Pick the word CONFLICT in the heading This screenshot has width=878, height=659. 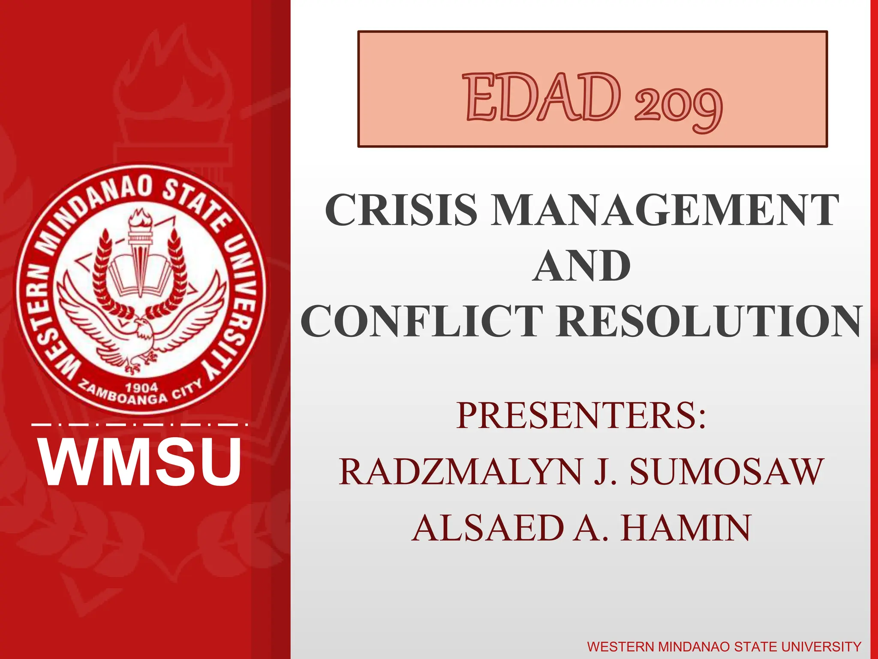[422, 321]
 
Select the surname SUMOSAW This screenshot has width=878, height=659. [726, 472]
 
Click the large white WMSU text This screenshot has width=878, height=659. [141, 462]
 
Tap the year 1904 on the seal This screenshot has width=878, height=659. [141, 388]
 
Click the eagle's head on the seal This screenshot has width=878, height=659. [143, 330]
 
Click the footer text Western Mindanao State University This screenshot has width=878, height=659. [724, 647]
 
